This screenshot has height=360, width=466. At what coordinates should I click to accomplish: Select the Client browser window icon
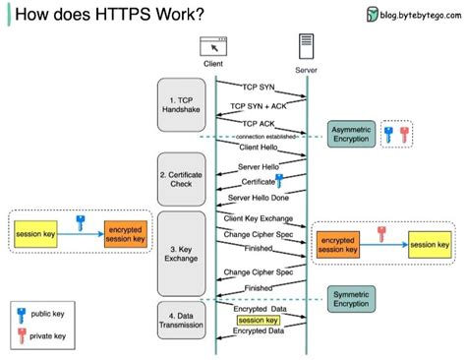pos(213,44)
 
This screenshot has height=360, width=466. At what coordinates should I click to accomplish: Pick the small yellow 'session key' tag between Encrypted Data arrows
pos(259,320)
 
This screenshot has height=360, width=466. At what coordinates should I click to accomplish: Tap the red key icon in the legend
pos(21,336)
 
